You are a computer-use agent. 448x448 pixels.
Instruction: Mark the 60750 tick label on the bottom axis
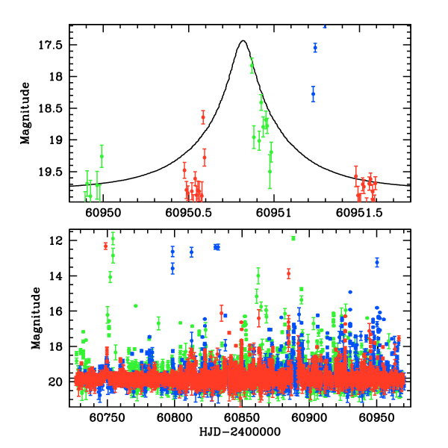108,419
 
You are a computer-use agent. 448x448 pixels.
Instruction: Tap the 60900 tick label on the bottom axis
302,419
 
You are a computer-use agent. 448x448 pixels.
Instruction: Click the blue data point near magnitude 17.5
315,48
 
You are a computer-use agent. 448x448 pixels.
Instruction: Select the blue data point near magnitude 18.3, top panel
314,94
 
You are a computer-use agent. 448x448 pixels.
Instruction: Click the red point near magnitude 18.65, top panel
203,117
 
